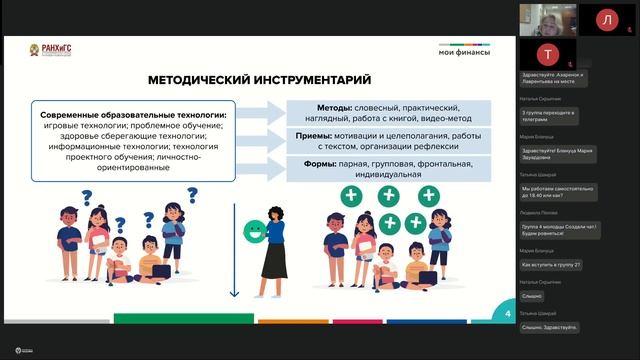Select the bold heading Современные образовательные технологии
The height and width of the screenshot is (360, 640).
tap(132, 116)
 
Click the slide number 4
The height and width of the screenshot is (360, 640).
tap(508, 315)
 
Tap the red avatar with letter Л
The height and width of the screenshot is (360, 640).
tap(605, 19)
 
